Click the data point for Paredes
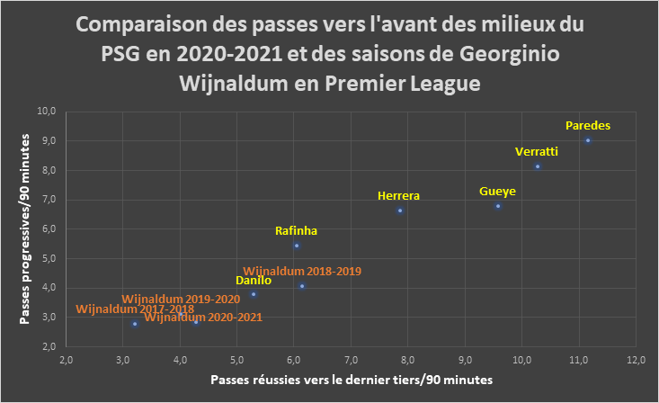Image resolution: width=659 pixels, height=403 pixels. pos(588,140)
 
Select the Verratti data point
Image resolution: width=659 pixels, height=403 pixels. pos(538,166)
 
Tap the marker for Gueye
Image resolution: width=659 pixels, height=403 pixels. pos(498,206)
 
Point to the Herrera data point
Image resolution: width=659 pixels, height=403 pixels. pos(400,210)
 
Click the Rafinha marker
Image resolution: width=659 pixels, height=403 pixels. pos(297,246)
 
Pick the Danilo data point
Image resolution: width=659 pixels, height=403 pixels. pos(254,294)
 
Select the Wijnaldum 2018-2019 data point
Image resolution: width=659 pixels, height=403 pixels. pos(302,286)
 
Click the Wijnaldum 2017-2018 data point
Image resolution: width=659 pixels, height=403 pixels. pos(135,324)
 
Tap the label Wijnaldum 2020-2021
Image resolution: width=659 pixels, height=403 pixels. pos(203,318)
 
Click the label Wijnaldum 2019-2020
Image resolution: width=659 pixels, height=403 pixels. pos(181,299)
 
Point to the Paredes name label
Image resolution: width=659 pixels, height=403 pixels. pos(588,125)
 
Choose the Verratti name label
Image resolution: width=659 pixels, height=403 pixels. pos(537,151)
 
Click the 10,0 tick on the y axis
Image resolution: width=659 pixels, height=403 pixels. pos(47,112)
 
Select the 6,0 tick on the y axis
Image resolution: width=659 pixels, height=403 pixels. pos(49,229)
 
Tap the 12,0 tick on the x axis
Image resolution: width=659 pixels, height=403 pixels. pos(636,361)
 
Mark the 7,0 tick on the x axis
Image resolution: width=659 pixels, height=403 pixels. pos(351,361)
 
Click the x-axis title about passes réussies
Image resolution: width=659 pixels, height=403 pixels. pos(352,380)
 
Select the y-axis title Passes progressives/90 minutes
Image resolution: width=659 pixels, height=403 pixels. pos(25,229)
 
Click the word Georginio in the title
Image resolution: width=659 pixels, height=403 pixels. pos(510,54)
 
